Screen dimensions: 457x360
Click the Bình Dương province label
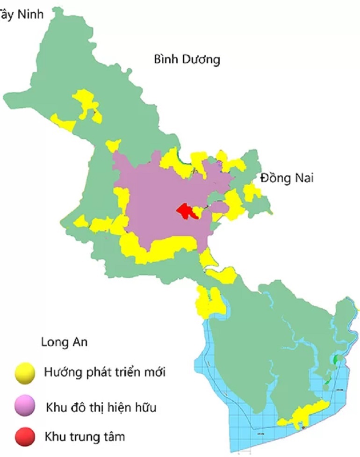tap(187, 60)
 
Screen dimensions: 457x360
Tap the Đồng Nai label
tap(287, 178)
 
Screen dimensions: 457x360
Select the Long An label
tap(64, 342)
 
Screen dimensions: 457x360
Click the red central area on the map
tap(186, 211)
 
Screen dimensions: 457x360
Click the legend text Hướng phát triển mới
tap(105, 373)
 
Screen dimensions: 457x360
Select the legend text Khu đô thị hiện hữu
tap(101, 407)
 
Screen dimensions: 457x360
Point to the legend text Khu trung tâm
tap(85, 437)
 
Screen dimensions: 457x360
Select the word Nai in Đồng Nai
tap(303, 178)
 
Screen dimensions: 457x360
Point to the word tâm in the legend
tap(115, 437)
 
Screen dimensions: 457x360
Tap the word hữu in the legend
tap(146, 407)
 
